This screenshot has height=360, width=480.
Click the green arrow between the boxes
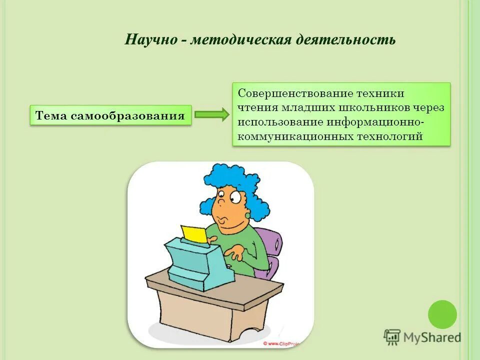click(211, 115)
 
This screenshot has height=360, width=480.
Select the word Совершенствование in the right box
click(294, 94)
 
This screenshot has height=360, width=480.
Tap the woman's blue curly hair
click(235, 180)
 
